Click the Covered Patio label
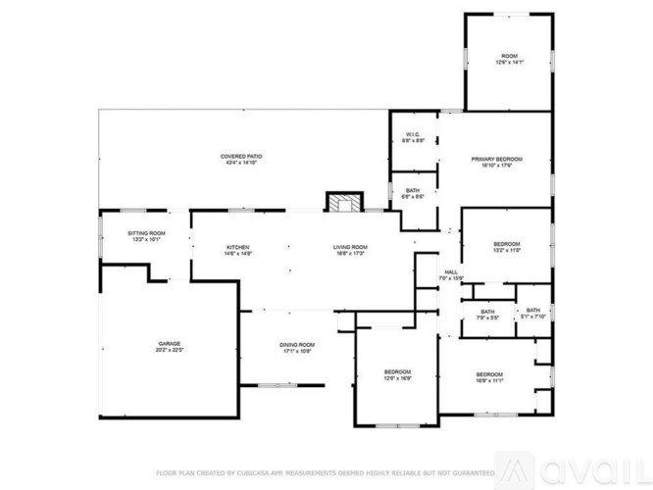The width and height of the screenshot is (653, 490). coord(240,157)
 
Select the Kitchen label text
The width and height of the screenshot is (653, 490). coord(239,247)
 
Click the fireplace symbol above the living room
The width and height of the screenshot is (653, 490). coord(341,202)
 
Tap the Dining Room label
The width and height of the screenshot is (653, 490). coord(298,345)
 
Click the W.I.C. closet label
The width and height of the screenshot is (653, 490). coord(413,135)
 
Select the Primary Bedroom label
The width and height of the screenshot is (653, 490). coord(496,159)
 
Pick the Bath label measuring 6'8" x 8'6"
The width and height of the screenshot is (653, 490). coord(413,190)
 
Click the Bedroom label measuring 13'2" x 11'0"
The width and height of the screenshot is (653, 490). coord(506,243)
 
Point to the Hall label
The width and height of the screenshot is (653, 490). coord(451,272)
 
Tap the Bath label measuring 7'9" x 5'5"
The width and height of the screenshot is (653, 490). coord(487,312)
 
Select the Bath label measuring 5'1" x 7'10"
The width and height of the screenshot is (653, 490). coord(532,311)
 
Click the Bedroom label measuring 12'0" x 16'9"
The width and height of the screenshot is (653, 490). coord(397,371)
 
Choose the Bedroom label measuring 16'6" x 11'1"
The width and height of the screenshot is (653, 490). coord(489,374)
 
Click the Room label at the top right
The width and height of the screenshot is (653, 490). coord(509,56)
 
